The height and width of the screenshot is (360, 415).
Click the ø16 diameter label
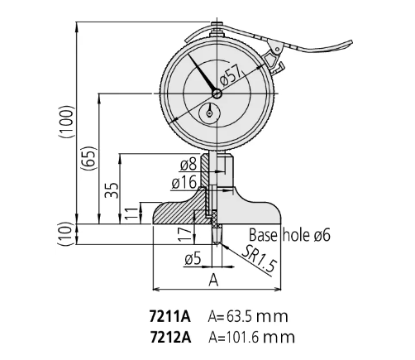[x=183, y=182]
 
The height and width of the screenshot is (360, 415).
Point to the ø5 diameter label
[x=191, y=259]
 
